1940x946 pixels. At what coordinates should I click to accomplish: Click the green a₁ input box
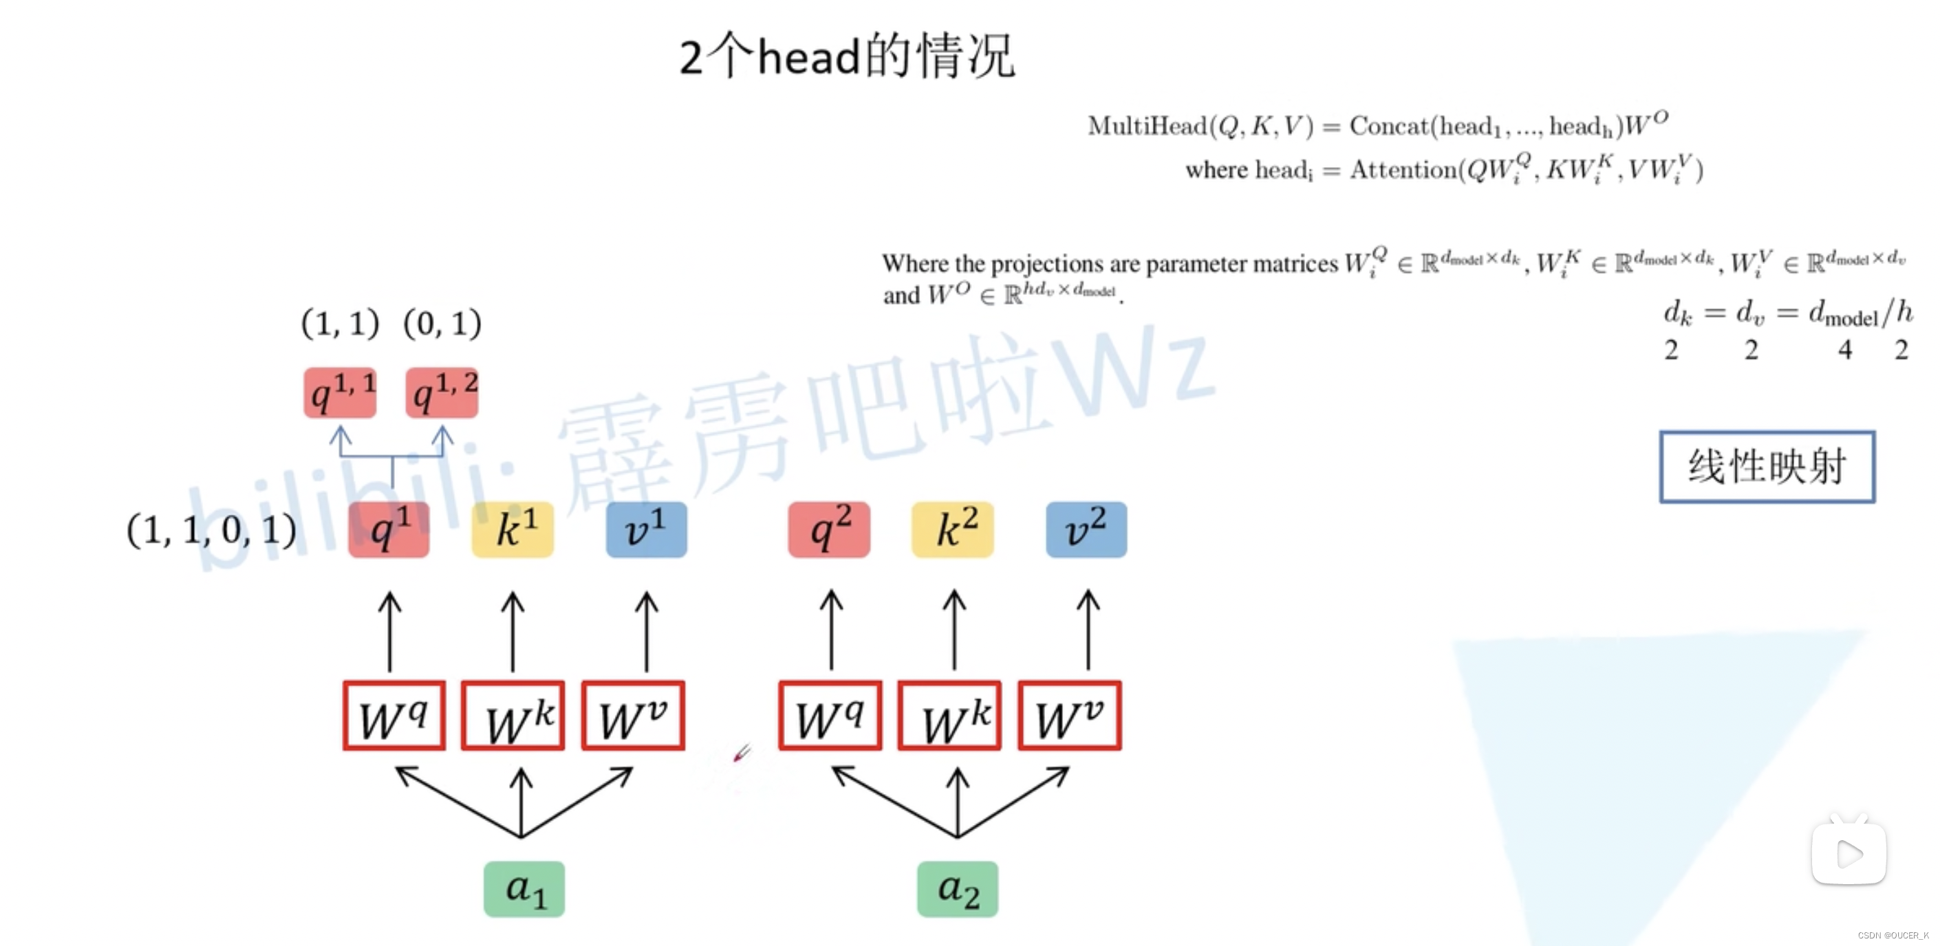pos(524,889)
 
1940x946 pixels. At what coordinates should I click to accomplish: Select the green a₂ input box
pos(957,889)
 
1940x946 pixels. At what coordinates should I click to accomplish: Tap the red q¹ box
pos(389,529)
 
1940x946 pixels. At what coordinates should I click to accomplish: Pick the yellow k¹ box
pos(513,529)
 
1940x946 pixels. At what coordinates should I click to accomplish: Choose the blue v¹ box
pos(646,529)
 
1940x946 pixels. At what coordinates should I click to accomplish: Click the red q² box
pos(829,529)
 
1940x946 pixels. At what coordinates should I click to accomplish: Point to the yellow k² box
pos(953,529)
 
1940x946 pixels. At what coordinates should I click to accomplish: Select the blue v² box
pos(1086,529)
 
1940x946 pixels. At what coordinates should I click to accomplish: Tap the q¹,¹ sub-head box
pos(340,392)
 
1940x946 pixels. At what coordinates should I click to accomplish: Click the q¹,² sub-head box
pos(442,392)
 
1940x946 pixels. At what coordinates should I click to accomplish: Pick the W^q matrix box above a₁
pos(394,716)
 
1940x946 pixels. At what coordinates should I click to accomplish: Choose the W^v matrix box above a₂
pos(1070,716)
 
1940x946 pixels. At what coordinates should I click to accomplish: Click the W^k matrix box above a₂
pos(949,716)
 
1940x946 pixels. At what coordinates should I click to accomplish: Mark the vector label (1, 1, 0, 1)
pos(212,531)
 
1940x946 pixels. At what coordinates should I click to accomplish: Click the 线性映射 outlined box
pos(1767,467)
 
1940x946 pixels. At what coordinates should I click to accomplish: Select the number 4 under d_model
pos(1844,350)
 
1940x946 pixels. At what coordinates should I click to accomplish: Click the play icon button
pos(1849,853)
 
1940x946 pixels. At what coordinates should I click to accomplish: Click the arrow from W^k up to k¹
pos(513,632)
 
